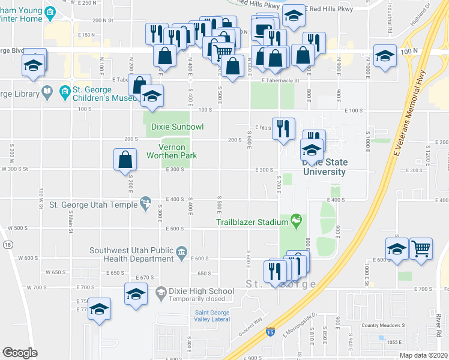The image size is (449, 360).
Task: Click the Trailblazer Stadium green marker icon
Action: tap(296, 221)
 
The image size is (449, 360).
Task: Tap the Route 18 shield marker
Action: tap(7, 245)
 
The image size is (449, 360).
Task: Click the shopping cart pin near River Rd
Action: tap(421, 248)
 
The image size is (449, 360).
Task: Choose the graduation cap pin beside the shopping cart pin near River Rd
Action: tap(397, 250)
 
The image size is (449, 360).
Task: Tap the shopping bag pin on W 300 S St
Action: tap(125, 160)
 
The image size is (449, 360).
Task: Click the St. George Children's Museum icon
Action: tap(65, 93)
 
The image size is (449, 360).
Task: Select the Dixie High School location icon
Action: tap(160, 293)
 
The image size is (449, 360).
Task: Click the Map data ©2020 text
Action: tap(424, 355)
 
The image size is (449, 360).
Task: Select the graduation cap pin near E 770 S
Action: tap(100, 309)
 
